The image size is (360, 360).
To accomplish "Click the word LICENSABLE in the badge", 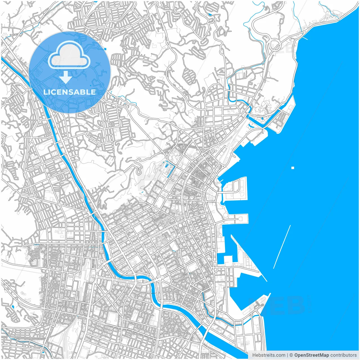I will click(x=69, y=92).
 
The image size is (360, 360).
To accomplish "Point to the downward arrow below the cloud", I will click(x=66, y=77).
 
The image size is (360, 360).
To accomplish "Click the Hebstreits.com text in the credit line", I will click(x=269, y=355).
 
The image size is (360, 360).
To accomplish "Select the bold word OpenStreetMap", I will click(x=311, y=355).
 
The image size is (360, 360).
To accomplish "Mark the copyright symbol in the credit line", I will click(x=291, y=355).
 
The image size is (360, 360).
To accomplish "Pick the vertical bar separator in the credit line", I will click(x=287, y=355).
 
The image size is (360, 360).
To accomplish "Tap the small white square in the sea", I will click(x=293, y=168).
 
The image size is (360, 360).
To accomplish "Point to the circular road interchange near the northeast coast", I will click(x=274, y=45).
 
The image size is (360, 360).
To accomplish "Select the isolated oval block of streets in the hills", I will click(x=189, y=76).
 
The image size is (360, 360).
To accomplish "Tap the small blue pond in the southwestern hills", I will click(x=13, y=306).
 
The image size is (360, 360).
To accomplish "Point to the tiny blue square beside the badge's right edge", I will click(x=105, y=49).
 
